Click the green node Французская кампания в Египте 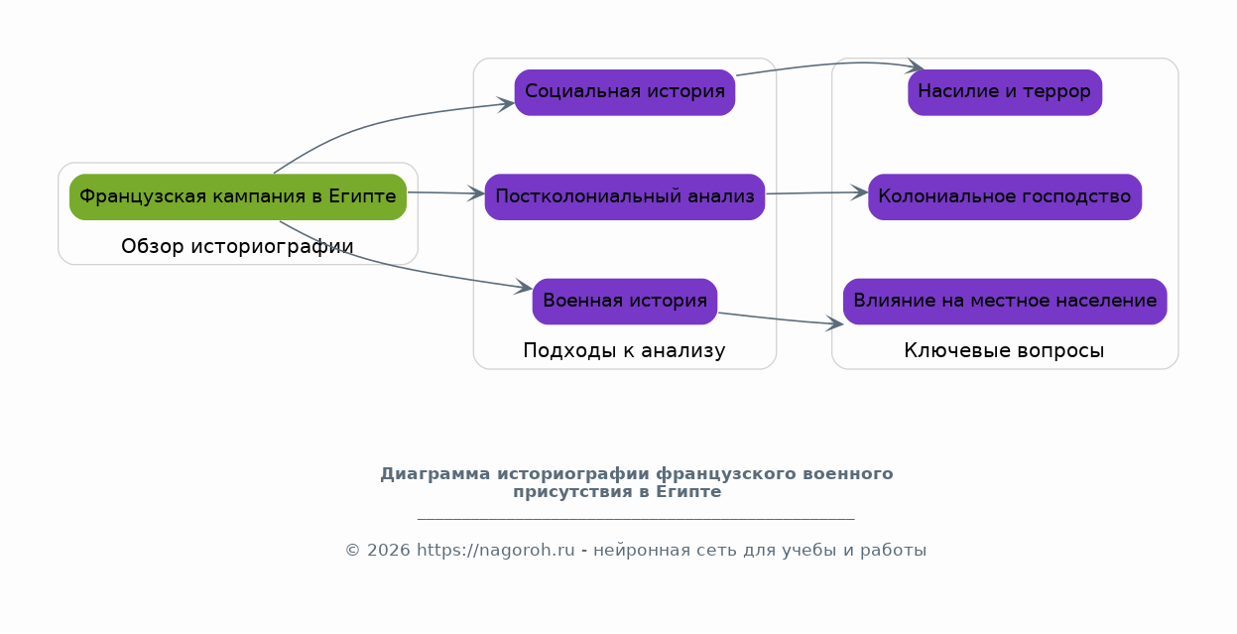(238, 197)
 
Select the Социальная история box (625, 92)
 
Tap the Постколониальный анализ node (625, 197)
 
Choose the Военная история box (625, 302)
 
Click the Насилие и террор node (1005, 92)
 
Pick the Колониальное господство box (1005, 197)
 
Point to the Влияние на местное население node (1005, 302)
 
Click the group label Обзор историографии (237, 246)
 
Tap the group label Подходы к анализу (624, 350)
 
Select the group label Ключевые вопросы (1004, 350)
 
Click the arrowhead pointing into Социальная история (507, 104)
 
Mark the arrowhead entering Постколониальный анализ (476, 193)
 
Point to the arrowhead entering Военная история (524, 287)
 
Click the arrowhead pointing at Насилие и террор (916, 65)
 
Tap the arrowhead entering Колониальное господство (860, 192)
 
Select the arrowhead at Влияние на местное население (835, 323)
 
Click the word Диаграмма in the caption (435, 474)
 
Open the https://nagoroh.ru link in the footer (495, 550)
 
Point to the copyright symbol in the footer (353, 550)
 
